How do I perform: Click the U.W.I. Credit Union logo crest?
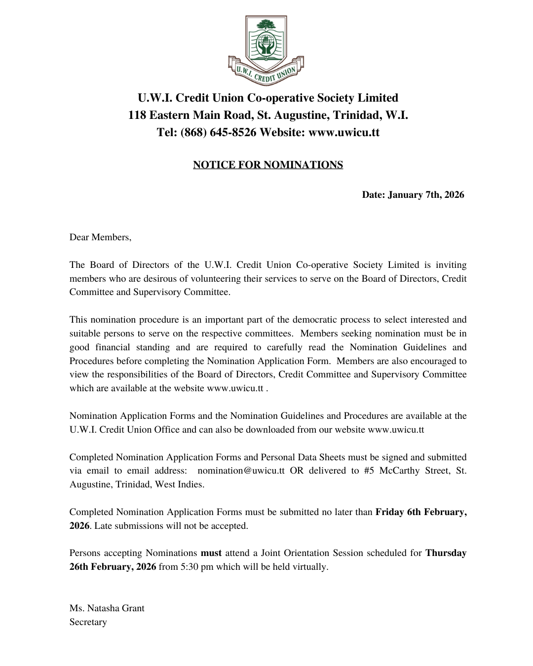click(266, 49)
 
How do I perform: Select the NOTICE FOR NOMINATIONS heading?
click(268, 165)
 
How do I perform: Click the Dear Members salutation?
click(100, 237)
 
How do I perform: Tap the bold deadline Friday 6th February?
click(420, 512)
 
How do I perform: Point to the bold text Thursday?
click(446, 553)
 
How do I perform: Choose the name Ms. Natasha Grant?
click(107, 608)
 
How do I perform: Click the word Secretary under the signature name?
click(88, 622)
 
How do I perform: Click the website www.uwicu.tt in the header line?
click(343, 133)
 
